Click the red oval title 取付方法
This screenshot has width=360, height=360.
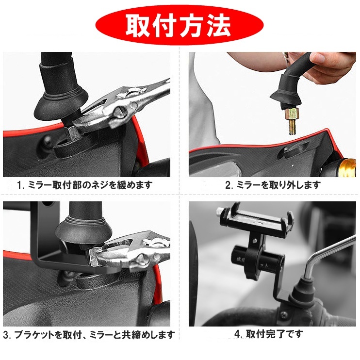coord(180,26)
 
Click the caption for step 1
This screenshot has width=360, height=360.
coord(85,185)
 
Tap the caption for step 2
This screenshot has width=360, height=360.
coord(272,185)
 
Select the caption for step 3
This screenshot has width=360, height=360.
coord(89,335)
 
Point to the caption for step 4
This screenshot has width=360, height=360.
coord(268,334)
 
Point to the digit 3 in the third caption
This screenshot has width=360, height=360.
coord(6,335)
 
